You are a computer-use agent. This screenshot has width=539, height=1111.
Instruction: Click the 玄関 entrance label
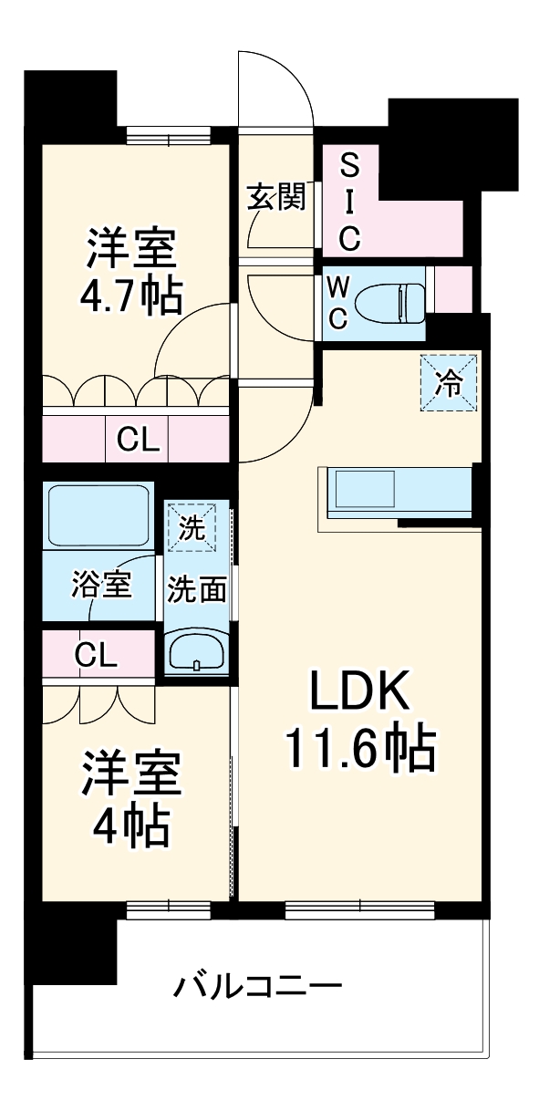[x=275, y=197]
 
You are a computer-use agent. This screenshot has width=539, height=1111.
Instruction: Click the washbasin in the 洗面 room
[x=197, y=652]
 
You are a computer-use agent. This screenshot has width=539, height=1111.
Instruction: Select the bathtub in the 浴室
[x=101, y=515]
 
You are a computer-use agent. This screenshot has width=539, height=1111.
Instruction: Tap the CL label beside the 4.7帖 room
[x=138, y=441]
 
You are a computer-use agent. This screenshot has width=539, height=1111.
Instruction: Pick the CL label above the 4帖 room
[x=95, y=654]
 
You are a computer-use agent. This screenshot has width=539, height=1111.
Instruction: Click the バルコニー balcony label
[x=258, y=986]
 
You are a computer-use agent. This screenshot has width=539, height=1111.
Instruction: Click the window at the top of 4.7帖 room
[x=169, y=137]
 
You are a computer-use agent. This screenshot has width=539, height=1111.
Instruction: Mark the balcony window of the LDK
[x=361, y=909]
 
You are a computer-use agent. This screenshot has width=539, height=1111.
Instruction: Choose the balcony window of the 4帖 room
[x=169, y=909]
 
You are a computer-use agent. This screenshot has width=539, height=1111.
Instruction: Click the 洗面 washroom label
[x=196, y=590]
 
